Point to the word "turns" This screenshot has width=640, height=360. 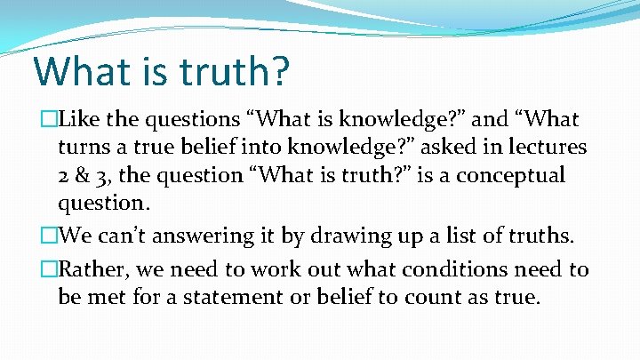83,148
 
